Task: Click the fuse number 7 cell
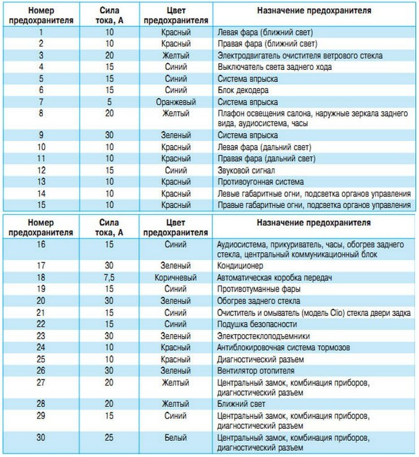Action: coord(41,102)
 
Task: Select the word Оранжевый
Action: coord(176,102)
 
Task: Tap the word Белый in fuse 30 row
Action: coord(176,438)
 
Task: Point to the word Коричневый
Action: coord(176,278)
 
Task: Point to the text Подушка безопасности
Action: coord(257,324)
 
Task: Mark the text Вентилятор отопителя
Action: coord(255,371)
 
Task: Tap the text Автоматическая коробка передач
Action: coord(273,278)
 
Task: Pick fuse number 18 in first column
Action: coord(41,278)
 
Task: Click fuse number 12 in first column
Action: coord(41,170)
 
